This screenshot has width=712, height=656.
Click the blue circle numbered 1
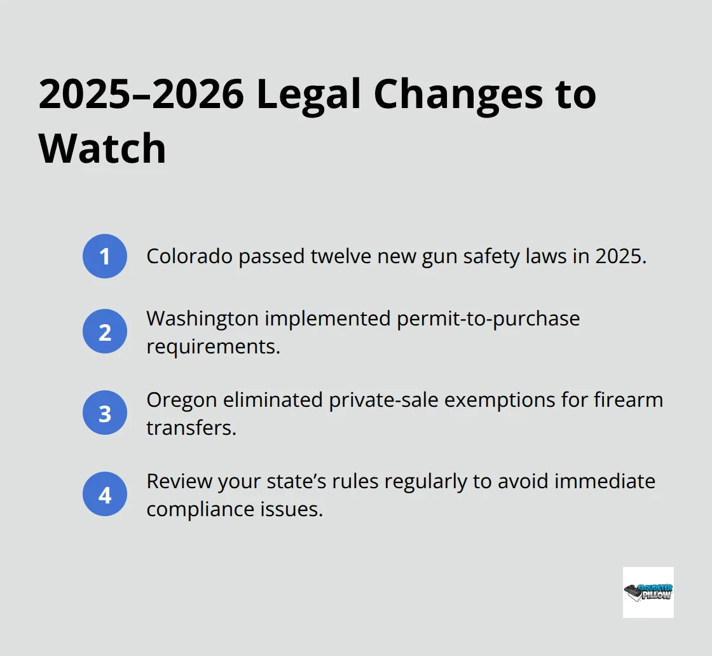pos(105,256)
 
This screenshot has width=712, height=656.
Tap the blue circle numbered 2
pos(105,331)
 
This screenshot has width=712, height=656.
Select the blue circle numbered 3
pos(105,413)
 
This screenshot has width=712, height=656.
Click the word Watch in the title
pos(102,148)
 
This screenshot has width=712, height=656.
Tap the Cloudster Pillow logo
pos(648,592)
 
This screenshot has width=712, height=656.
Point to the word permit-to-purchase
pos(488,317)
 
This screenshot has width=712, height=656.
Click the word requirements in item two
pos(213,346)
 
